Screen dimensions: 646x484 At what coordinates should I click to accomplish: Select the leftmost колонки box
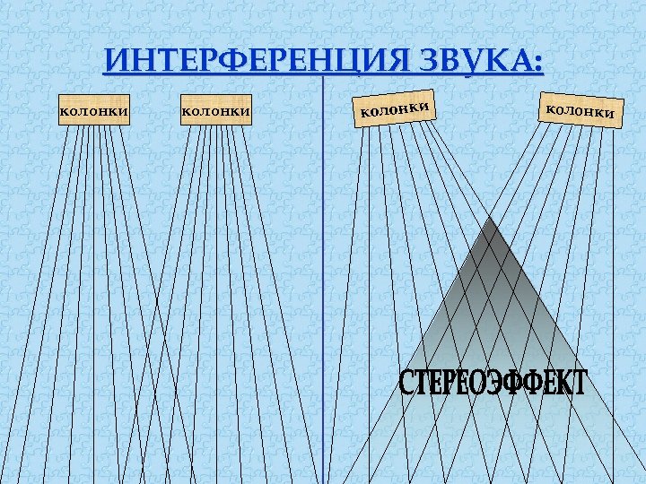point(93,112)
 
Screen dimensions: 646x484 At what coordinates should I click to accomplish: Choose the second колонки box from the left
point(215,112)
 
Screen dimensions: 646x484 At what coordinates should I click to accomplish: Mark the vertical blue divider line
point(322,269)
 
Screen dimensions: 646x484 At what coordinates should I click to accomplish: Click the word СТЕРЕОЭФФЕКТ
point(492,385)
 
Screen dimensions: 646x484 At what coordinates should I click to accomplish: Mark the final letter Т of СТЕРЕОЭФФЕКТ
point(577,385)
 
